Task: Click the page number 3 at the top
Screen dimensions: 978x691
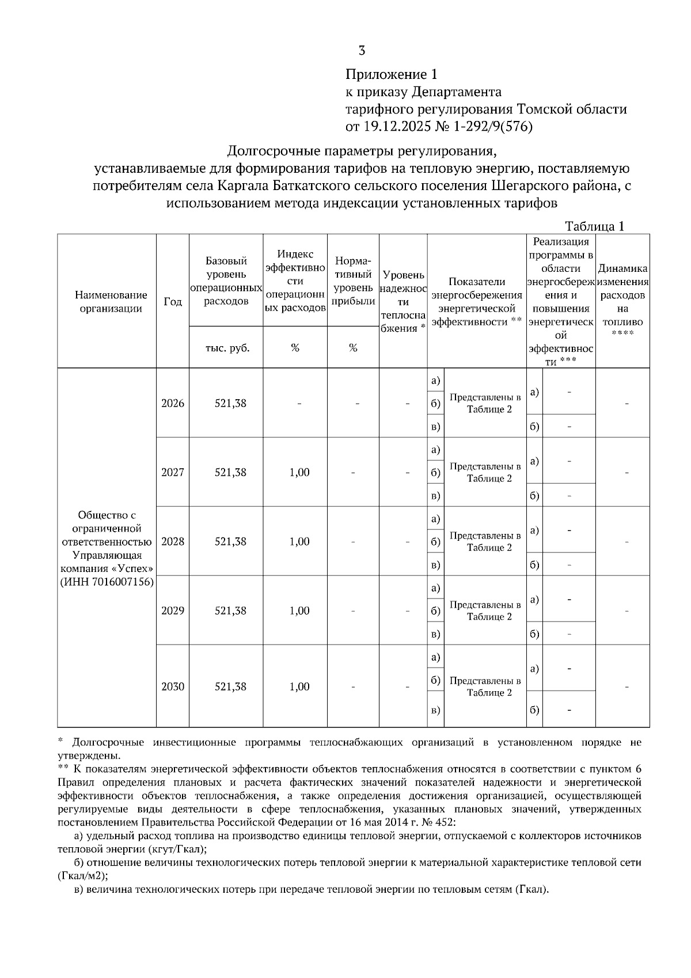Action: pyautogui.click(x=362, y=51)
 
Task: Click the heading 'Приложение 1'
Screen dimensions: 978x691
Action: pyautogui.click(x=392, y=74)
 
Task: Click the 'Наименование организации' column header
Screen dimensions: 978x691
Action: pyautogui.click(x=107, y=301)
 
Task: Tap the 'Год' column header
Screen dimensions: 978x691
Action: pyautogui.click(x=173, y=301)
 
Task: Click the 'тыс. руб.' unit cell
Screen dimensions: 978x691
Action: pyautogui.click(x=226, y=347)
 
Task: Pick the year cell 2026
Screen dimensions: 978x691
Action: pyautogui.click(x=173, y=403)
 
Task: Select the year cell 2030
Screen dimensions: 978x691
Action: pyautogui.click(x=173, y=687)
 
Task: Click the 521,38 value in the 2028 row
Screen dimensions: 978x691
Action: pyautogui.click(x=230, y=541)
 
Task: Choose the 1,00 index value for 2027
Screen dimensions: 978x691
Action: pyautogui.click(x=299, y=472)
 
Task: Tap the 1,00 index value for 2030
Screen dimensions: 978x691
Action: pyautogui.click(x=299, y=687)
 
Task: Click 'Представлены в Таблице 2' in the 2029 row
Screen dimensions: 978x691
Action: pyautogui.click(x=485, y=611)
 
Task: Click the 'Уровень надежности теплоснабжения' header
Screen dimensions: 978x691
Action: pyautogui.click(x=403, y=301)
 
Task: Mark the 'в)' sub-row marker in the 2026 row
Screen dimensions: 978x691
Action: pyautogui.click(x=435, y=427)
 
